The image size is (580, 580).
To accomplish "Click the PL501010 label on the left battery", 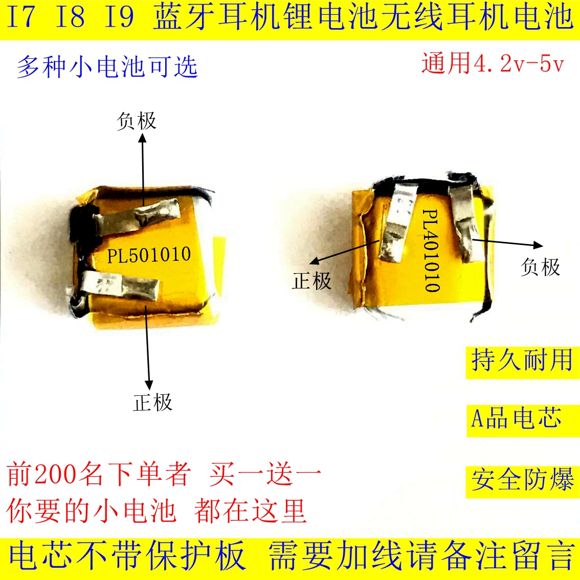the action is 149,255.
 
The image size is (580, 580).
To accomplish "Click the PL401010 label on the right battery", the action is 431,251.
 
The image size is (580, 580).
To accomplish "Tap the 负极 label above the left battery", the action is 137,121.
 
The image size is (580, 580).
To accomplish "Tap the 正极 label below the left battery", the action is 153,403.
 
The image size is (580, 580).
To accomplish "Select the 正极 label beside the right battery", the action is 311,280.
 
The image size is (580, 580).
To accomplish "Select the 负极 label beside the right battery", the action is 541,266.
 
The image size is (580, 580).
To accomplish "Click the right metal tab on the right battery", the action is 466,223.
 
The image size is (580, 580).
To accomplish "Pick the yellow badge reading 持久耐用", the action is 522,362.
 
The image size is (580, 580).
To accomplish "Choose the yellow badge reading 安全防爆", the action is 522,482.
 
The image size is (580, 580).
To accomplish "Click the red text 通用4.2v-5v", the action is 493,63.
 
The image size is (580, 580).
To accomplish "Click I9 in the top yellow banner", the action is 119,17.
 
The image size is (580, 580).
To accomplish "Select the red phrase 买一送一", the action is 265,474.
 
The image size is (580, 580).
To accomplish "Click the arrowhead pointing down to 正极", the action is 149,384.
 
